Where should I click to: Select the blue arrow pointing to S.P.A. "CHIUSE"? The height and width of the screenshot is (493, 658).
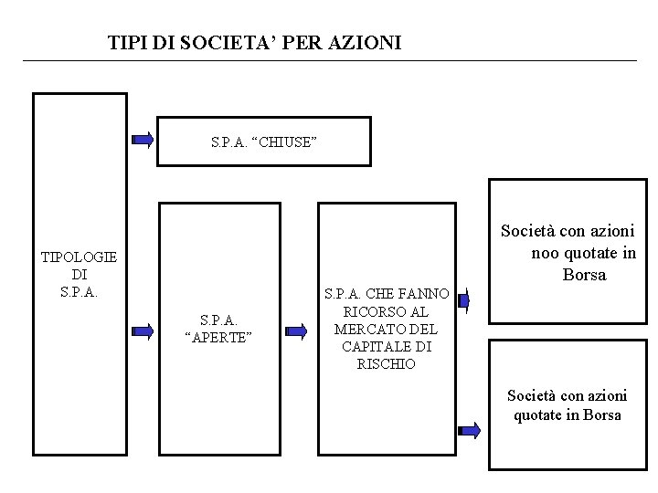143,140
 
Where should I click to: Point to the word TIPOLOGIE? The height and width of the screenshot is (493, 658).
79,258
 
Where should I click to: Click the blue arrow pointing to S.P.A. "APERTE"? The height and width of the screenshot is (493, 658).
143,330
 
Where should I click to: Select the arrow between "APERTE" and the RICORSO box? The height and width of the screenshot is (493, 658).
296,330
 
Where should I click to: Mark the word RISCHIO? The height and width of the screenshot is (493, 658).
388,363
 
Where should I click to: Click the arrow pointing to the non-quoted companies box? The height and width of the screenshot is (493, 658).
464,299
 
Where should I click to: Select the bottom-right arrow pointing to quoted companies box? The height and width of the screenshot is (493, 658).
470,430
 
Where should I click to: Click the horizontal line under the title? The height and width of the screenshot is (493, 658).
329,61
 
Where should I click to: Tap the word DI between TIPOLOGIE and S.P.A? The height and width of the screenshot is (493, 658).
79,275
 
